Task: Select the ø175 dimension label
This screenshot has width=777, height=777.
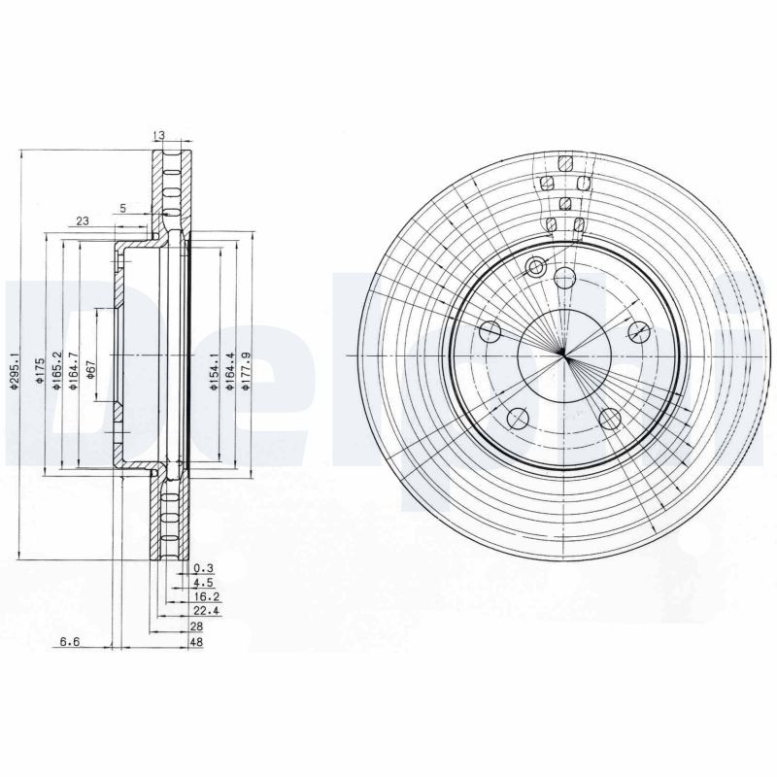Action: tap(40, 373)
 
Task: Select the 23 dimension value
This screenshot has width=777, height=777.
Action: tap(83, 221)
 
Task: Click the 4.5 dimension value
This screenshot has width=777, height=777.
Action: tap(203, 584)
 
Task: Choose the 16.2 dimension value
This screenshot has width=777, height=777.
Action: tap(205, 598)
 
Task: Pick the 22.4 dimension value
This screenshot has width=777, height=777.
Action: tap(205, 613)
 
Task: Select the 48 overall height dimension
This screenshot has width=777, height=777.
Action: tap(198, 642)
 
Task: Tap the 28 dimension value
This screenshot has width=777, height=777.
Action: tap(198, 627)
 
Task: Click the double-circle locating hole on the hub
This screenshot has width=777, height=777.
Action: tap(535, 267)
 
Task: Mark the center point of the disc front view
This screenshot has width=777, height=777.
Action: tap(564, 355)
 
